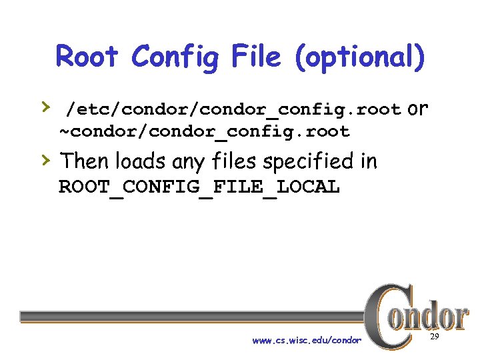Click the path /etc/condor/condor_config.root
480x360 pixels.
point(233,109)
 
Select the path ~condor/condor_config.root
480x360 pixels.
point(205,131)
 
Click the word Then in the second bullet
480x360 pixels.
point(85,161)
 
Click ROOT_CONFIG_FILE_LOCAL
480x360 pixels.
point(199,187)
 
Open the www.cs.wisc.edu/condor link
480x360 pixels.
point(307,341)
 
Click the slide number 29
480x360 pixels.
point(435,338)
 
